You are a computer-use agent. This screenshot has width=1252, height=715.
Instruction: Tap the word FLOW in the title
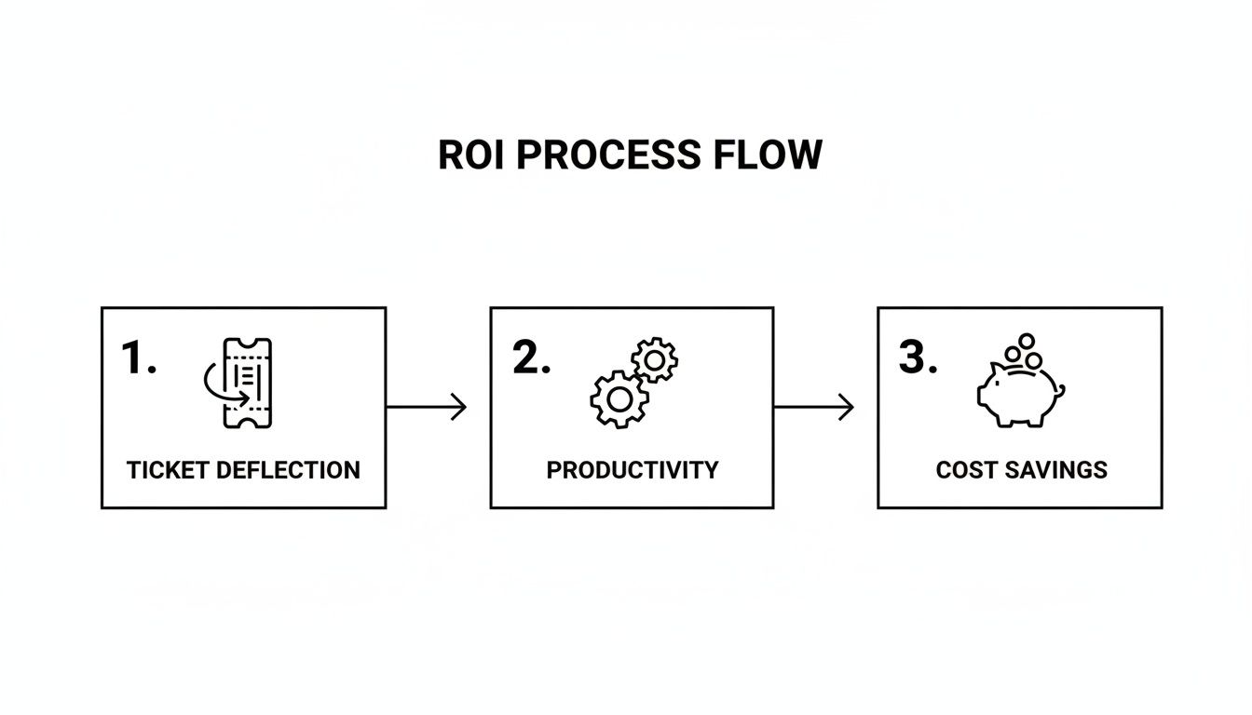[x=769, y=155]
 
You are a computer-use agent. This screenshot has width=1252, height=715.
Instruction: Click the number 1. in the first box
[x=139, y=358]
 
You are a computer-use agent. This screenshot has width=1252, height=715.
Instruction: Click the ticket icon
[x=246, y=383]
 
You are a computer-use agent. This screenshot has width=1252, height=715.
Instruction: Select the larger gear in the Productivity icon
[x=619, y=399]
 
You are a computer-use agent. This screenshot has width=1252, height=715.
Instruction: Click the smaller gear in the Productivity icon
[x=655, y=359]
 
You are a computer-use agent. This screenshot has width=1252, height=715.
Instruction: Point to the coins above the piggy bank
[x=1024, y=351]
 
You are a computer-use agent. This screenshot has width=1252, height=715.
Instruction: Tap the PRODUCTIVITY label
[x=632, y=470]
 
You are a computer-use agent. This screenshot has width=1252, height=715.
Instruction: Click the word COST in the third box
[x=965, y=470]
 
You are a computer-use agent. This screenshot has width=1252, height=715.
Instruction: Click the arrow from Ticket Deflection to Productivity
[x=426, y=407]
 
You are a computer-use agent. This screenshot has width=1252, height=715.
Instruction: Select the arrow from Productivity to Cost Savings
[x=813, y=407]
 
